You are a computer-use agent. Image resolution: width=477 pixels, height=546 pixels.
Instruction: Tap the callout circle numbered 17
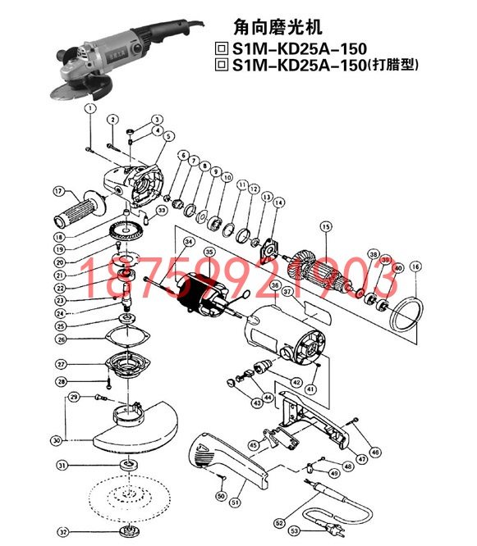click(x=58, y=191)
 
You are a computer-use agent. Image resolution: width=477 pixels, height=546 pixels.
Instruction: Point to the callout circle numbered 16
click(x=415, y=266)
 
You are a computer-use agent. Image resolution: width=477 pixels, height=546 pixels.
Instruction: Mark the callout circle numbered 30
click(x=56, y=440)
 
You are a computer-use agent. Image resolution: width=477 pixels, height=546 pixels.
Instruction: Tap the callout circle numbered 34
click(x=188, y=242)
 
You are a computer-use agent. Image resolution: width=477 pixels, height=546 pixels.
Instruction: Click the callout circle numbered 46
click(x=375, y=452)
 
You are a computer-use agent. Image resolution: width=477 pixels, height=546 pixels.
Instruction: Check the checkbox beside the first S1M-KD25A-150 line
click(x=219, y=48)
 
